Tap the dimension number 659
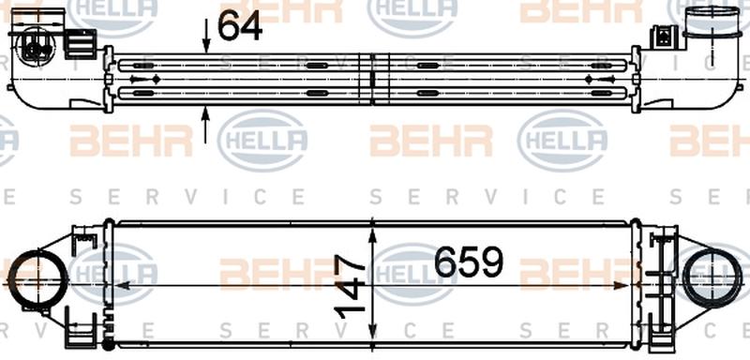pyautogui.click(x=469, y=262)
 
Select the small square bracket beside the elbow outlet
pyautogui.click(x=665, y=37)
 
